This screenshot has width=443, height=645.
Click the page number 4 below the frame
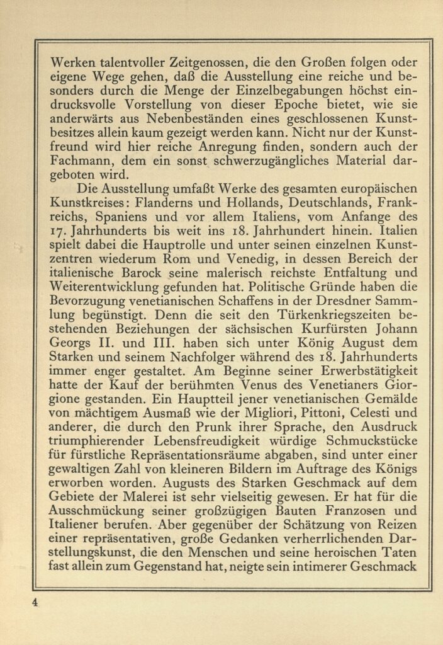[36, 602]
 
